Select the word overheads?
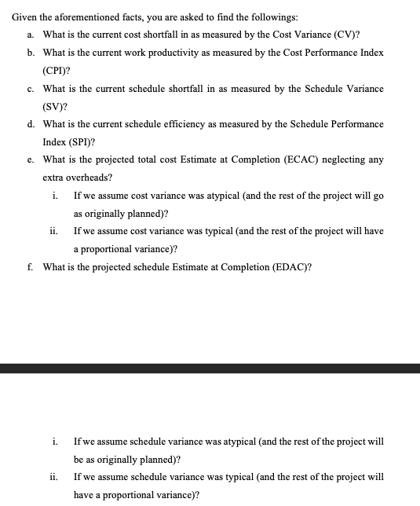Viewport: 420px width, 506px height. tap(89, 178)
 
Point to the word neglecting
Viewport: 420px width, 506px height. tap(338, 159)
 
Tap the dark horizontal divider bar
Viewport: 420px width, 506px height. tap(210, 368)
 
